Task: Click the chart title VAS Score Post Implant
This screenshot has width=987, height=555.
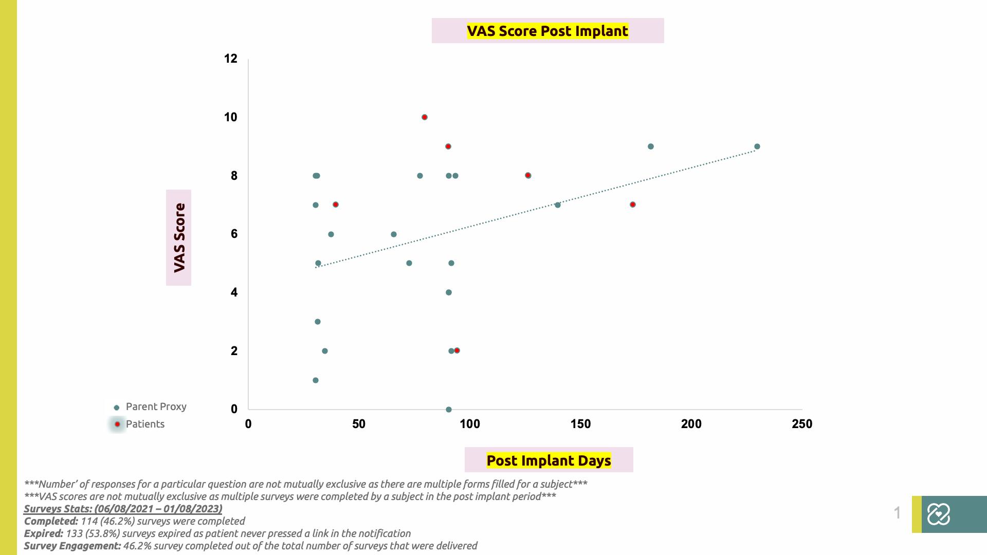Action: (x=547, y=31)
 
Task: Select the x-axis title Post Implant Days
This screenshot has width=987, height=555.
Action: (x=549, y=460)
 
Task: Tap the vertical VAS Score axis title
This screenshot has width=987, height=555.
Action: (x=179, y=237)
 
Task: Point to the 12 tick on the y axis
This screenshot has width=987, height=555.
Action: (x=230, y=59)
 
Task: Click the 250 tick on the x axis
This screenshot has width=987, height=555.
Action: (x=802, y=424)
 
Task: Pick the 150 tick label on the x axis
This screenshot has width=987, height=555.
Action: (x=580, y=424)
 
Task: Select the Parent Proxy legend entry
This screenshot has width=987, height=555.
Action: (x=150, y=406)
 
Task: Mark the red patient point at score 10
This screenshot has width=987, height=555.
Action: (x=425, y=117)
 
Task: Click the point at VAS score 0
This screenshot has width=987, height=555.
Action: (x=449, y=410)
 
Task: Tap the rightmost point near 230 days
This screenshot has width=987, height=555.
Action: (x=757, y=146)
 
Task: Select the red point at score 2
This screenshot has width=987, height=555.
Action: (x=457, y=350)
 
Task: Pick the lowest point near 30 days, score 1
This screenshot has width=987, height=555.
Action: (x=316, y=380)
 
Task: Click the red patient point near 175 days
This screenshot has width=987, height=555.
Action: (x=633, y=205)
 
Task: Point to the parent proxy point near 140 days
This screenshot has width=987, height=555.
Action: (x=558, y=205)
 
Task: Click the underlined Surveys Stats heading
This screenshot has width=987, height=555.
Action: (x=123, y=509)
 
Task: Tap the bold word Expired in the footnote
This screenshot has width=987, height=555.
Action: (x=43, y=533)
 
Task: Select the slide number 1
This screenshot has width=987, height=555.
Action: (x=897, y=513)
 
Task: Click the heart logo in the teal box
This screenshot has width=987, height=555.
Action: (x=938, y=514)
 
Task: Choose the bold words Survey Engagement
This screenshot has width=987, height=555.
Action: (x=72, y=546)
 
